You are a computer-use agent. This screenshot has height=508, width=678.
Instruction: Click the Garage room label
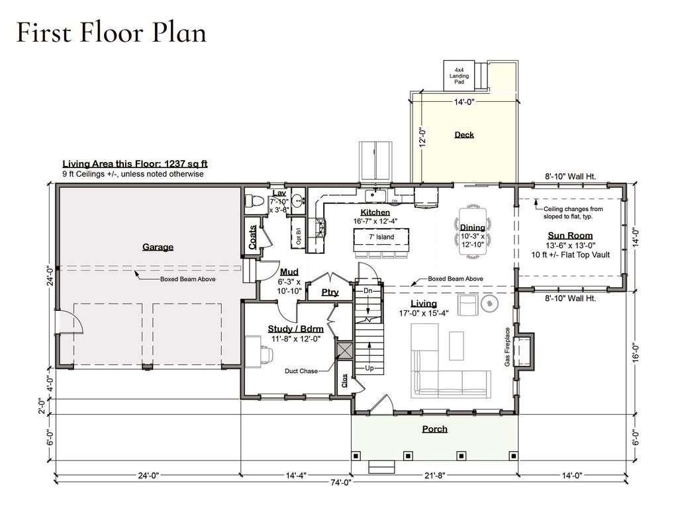point(158,247)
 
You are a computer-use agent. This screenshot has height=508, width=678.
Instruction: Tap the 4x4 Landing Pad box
point(460,75)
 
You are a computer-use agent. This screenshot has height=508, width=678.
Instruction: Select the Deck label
point(464,135)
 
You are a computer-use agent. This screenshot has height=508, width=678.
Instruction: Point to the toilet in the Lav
point(255,201)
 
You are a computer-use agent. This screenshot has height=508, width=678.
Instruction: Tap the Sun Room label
point(570,235)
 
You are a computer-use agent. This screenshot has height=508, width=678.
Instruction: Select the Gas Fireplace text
point(508,347)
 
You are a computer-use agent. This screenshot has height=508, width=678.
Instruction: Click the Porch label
point(434,429)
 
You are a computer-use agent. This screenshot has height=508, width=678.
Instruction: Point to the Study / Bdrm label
point(296,329)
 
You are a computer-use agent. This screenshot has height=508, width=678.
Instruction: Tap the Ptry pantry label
point(330,292)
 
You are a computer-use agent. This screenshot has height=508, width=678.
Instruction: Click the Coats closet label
point(252,237)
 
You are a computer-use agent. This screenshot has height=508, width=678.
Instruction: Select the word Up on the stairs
point(369,368)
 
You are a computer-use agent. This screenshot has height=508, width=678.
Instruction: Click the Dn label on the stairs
point(367,291)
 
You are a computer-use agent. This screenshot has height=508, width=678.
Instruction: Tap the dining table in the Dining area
point(473,232)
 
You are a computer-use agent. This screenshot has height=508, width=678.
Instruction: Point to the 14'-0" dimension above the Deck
point(464,102)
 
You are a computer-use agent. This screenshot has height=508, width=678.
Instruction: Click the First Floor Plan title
point(111,33)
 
